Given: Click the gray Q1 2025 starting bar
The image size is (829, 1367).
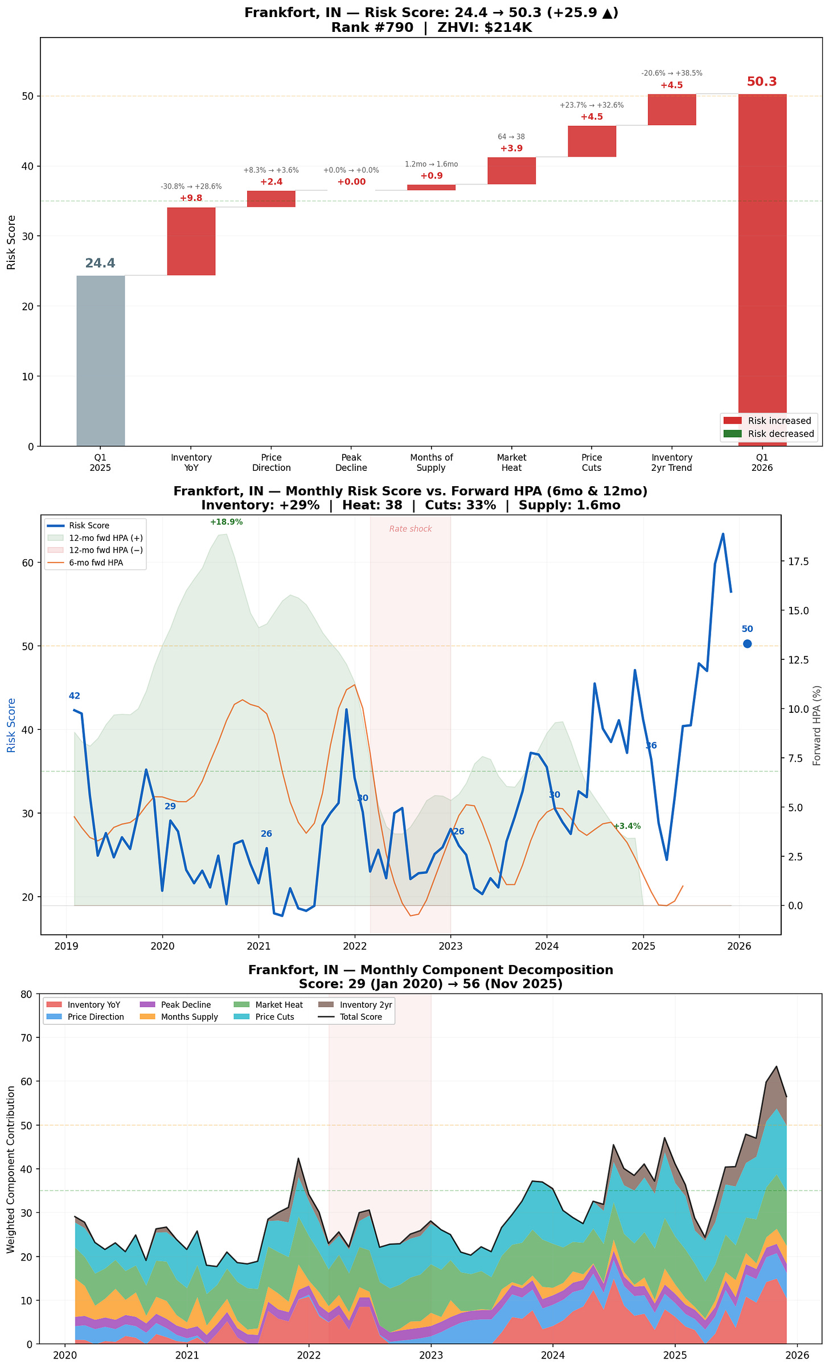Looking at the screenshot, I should pos(100,360).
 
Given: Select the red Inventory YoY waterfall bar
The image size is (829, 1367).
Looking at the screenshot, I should pos(191,241).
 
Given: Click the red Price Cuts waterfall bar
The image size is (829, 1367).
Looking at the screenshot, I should pos(592,141).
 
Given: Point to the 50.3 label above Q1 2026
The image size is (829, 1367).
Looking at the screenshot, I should pos(762,82).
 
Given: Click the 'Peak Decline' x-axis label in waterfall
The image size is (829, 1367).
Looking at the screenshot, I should pos(351,462).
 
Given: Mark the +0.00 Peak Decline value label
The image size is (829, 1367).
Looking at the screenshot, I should pos(351,182).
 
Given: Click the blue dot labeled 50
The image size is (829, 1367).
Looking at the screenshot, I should pos(748,644).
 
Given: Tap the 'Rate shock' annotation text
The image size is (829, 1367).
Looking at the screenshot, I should pos(411,529).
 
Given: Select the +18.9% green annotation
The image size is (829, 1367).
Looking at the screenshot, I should pos(226,522).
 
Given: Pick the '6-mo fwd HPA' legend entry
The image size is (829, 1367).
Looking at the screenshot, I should pos(96,563).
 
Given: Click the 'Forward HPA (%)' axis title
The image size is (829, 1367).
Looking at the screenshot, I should pos(817,725).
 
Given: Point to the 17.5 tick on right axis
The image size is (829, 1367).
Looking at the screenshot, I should pos(798,562).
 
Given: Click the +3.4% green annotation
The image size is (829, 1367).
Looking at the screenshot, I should pos(627,826).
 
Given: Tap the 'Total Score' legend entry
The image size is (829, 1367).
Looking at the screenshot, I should pos(361,1017).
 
